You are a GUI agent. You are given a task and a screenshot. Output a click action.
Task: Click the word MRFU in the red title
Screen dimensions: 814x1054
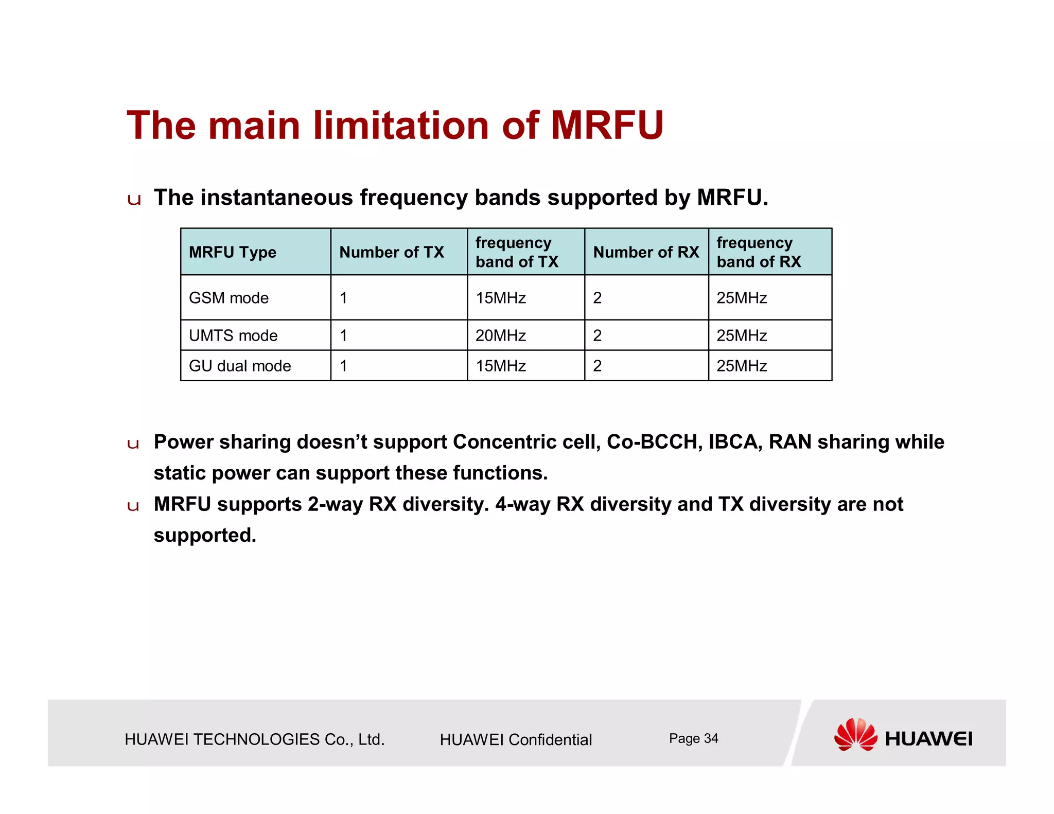click(x=607, y=125)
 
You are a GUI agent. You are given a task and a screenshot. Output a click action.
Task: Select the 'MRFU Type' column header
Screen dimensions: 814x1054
click(x=232, y=252)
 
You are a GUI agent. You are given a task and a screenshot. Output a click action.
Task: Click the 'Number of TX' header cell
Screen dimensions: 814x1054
click(x=391, y=252)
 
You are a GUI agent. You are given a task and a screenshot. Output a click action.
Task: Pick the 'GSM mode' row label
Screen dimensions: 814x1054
click(x=229, y=298)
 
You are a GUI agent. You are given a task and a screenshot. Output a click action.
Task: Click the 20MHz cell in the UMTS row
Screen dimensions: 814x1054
click(x=500, y=335)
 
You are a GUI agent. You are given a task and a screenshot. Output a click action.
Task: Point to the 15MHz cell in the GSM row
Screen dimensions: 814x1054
click(x=500, y=298)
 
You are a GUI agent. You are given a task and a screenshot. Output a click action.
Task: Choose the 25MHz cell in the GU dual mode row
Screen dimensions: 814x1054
click(x=742, y=366)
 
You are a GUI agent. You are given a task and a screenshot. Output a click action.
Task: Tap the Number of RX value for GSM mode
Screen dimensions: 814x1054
click(x=597, y=298)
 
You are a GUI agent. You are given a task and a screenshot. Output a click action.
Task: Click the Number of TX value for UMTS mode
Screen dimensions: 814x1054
click(x=343, y=335)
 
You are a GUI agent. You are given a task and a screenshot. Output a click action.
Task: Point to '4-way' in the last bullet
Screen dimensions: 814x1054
click(x=523, y=504)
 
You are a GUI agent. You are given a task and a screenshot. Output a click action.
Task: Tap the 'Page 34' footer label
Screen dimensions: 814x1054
click(x=693, y=738)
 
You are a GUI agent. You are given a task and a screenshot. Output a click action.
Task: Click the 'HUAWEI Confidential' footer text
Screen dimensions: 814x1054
click(x=516, y=739)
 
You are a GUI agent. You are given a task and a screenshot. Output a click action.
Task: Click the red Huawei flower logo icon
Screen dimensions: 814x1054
click(x=855, y=734)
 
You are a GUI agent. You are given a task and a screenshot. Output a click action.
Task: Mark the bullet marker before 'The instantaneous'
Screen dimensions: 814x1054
click(x=134, y=200)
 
